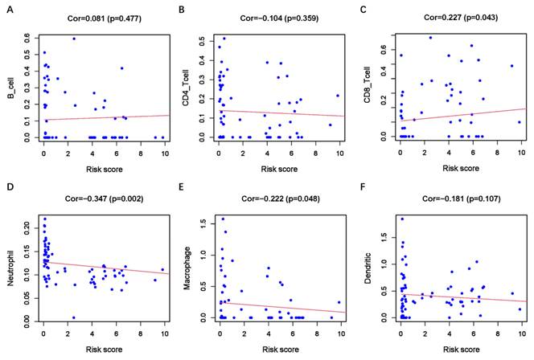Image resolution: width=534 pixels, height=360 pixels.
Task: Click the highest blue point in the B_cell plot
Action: tap(74, 39)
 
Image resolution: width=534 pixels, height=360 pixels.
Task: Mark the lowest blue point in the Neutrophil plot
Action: tap(73, 317)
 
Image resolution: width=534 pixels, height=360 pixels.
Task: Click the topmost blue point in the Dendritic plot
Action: tap(401, 219)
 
